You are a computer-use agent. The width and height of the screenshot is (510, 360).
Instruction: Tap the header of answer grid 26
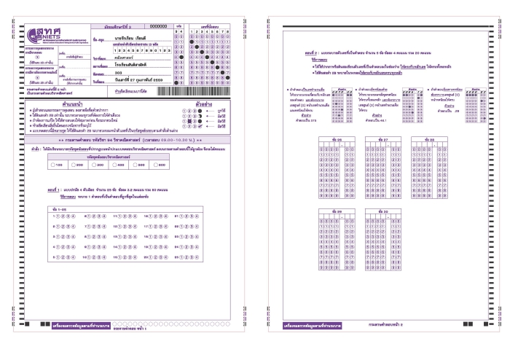(x=337, y=138)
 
